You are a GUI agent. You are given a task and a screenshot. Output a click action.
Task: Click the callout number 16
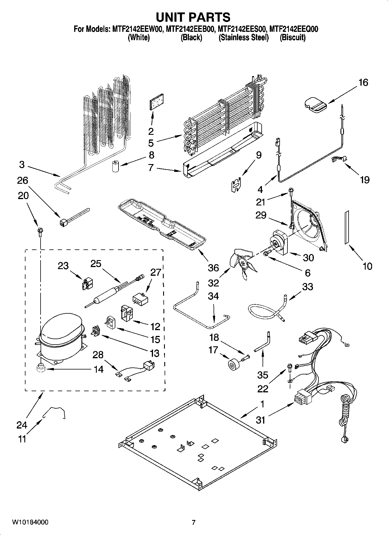tap(363, 82)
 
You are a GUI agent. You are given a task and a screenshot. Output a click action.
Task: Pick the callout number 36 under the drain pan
tap(213, 268)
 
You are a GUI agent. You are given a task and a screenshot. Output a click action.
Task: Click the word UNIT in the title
tap(173, 17)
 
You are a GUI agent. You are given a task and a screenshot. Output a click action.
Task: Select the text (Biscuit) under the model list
tap(292, 37)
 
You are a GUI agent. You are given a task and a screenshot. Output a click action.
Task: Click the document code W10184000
tap(30, 522)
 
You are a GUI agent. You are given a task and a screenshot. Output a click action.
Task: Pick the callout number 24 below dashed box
tap(22, 425)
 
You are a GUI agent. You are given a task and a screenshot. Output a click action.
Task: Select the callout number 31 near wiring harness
tap(261, 420)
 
